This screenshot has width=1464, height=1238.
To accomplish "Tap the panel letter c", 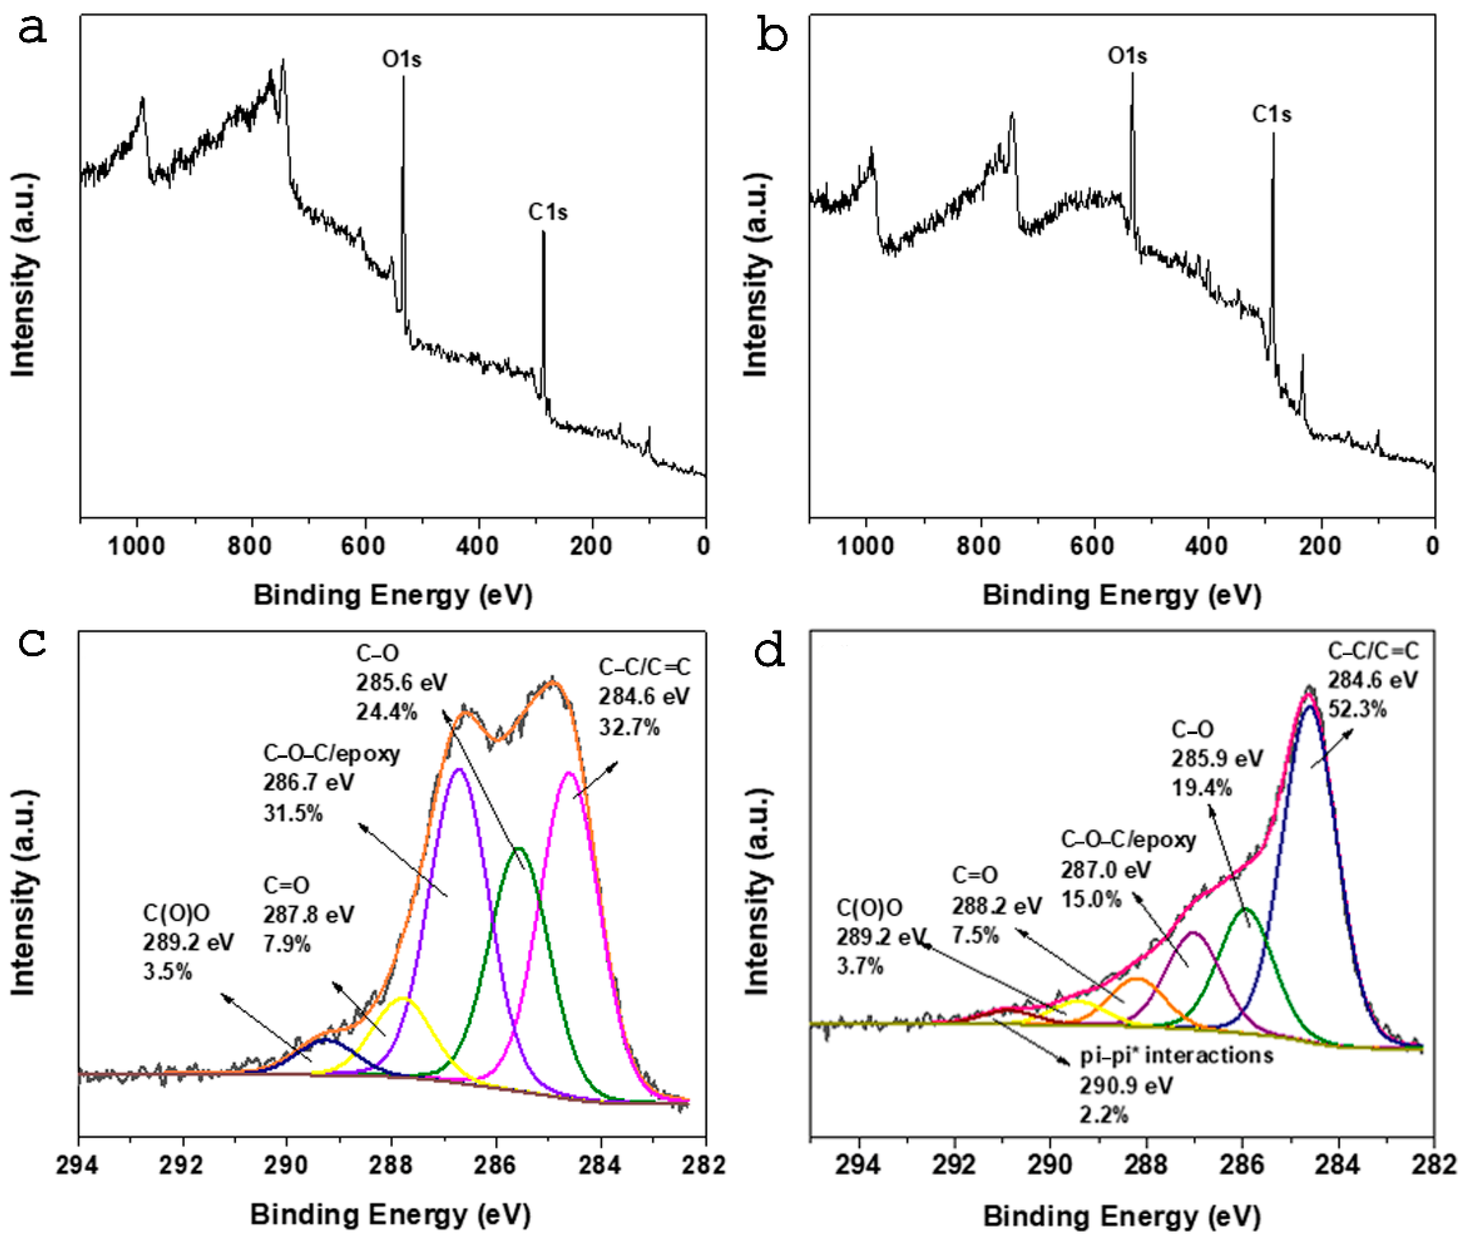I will coord(32,643).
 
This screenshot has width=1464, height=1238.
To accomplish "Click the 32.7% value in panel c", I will coord(629,727).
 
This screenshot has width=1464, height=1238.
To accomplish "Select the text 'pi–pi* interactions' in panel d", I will coord(1176,1055).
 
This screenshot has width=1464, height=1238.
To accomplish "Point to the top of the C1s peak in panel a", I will coord(543,232).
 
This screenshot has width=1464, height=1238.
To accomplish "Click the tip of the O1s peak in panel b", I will coord(1131,73).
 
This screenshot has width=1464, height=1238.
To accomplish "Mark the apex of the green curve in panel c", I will coord(519,849).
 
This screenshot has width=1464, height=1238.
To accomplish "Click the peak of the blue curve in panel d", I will coord(1309,707).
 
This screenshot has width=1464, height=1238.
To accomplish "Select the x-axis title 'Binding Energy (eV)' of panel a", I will coord(393,595).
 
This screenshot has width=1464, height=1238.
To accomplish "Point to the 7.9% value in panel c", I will coord(286,944).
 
